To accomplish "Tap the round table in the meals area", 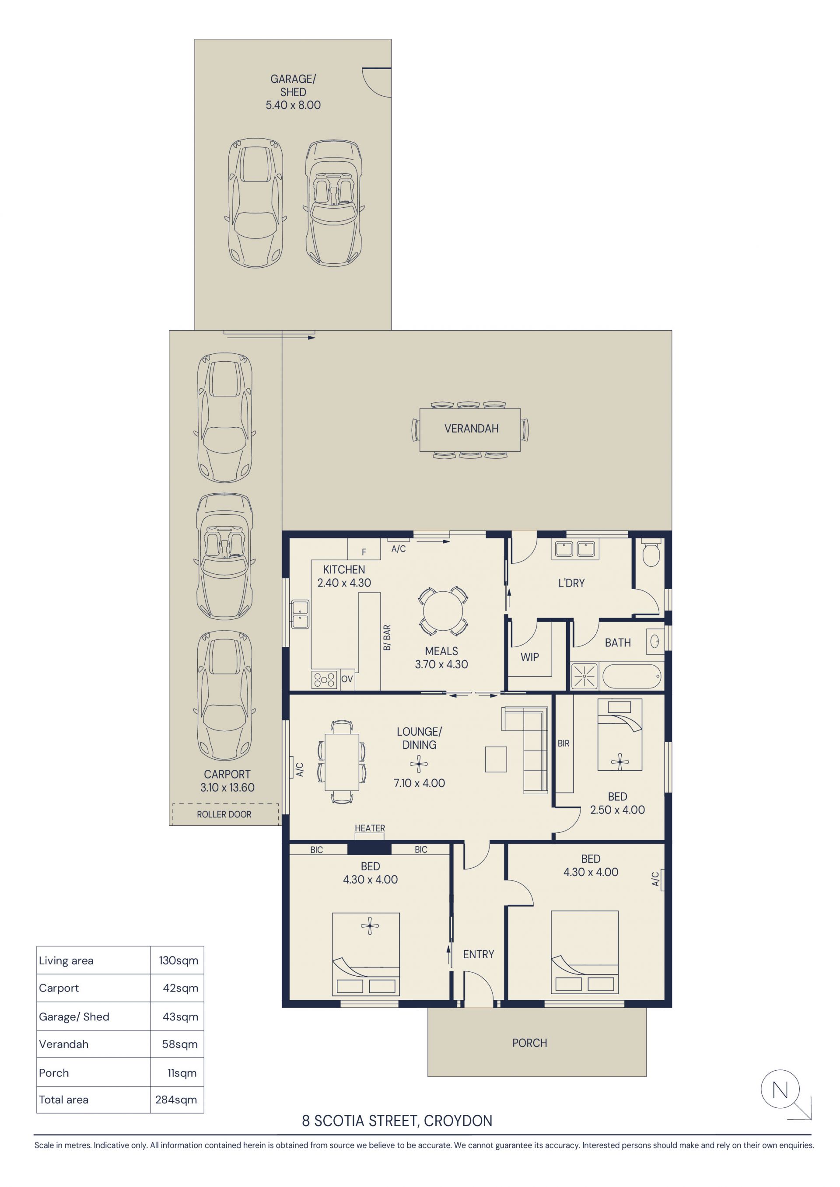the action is click(x=443, y=611).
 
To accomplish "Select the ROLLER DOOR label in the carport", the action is click(x=224, y=814).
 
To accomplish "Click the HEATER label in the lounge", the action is click(x=370, y=828).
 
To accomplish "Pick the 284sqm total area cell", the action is click(x=176, y=1100).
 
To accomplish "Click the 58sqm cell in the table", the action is click(x=179, y=1044).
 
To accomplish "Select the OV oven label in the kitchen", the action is click(x=347, y=679).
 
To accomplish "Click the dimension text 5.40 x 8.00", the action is click(x=293, y=105).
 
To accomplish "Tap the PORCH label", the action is click(x=530, y=1043).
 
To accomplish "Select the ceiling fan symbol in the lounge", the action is click(x=419, y=764).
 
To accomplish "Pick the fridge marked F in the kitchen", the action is click(x=364, y=548).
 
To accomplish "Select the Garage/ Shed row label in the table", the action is click(x=74, y=1016).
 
